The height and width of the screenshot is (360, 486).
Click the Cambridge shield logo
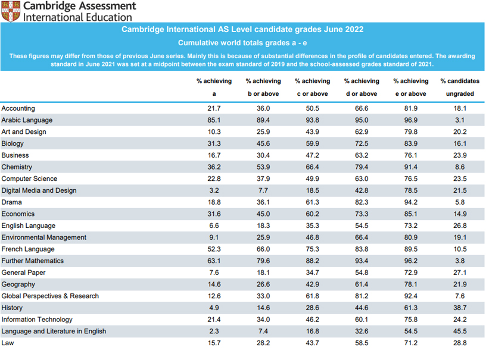(x=10, y=11)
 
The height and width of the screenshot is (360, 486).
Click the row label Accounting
(x=18, y=108)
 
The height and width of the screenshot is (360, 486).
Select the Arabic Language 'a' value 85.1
(x=214, y=120)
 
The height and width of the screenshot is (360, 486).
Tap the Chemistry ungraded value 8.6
(x=459, y=167)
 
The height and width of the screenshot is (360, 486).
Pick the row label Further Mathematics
(x=32, y=261)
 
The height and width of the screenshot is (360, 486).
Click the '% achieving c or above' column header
(x=312, y=87)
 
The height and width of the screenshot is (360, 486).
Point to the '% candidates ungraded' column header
(x=459, y=87)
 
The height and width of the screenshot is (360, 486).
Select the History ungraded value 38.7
(x=459, y=308)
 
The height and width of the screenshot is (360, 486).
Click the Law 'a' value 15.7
(x=214, y=343)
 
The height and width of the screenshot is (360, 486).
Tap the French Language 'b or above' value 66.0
(x=263, y=249)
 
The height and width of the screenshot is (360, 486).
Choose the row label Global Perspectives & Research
(x=50, y=296)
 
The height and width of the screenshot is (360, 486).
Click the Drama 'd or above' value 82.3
(x=362, y=202)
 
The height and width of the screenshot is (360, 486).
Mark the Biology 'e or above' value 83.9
(x=410, y=143)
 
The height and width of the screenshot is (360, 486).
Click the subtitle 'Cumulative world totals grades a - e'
(x=242, y=43)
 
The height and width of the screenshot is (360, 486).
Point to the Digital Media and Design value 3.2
(x=214, y=190)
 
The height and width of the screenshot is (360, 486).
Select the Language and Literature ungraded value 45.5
(x=459, y=331)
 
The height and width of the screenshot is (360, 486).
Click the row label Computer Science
(x=29, y=179)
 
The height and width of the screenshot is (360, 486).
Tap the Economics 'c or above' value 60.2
(x=312, y=214)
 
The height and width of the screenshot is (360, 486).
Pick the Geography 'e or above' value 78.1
(x=410, y=284)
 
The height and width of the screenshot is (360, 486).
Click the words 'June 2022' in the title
(x=342, y=29)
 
